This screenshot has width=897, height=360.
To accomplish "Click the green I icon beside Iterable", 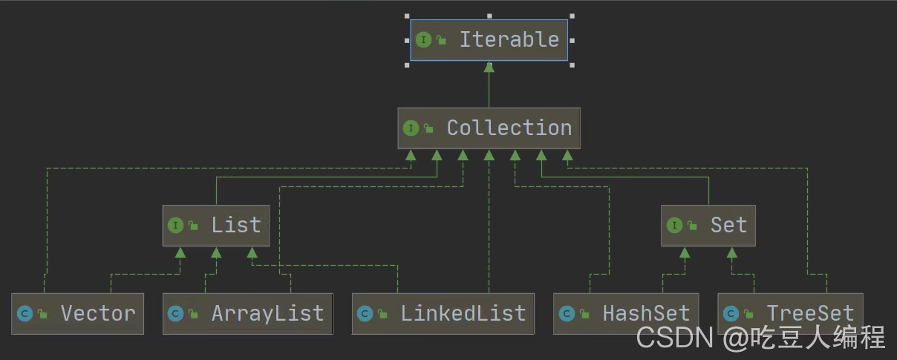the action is [x=423, y=40].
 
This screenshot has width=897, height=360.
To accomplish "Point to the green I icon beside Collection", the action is [x=411, y=128].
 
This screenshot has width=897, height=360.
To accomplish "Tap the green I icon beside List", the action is [x=175, y=226].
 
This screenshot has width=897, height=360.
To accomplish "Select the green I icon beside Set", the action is [x=674, y=226].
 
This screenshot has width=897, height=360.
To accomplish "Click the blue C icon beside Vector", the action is [x=25, y=314].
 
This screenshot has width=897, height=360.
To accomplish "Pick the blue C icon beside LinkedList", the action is [x=365, y=314].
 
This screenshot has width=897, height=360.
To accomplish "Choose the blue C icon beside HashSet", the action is [x=567, y=314].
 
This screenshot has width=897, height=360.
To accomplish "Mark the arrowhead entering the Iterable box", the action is [x=489, y=67].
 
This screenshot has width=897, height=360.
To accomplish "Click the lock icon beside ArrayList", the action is [x=194, y=314].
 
